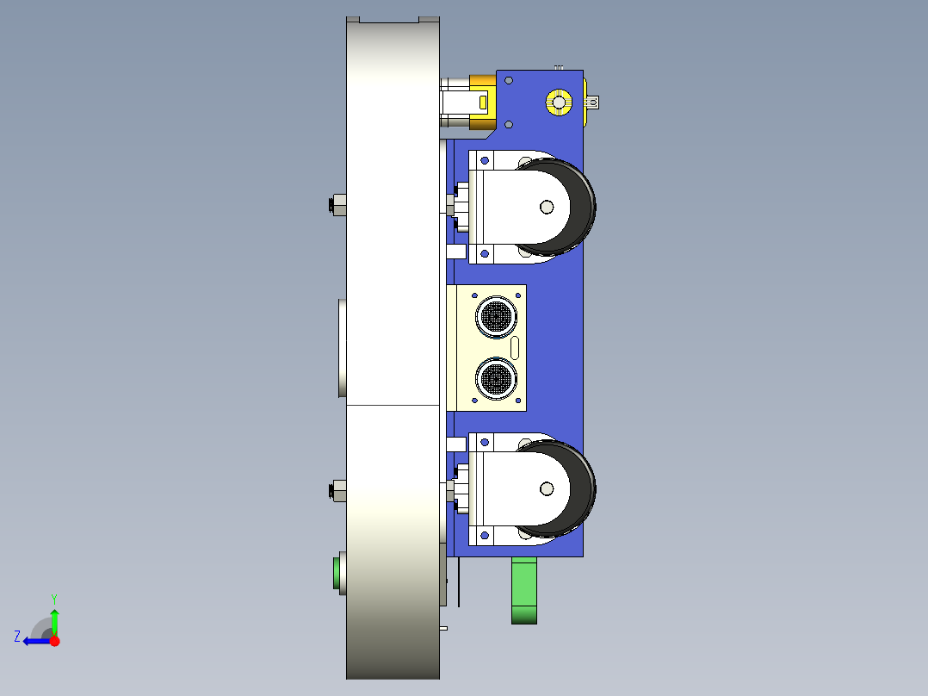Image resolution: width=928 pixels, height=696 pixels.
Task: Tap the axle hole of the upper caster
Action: pyautogui.click(x=546, y=207)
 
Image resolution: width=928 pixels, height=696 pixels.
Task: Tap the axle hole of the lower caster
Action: pyautogui.click(x=546, y=489)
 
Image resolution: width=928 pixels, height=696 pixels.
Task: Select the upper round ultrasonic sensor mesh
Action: pyautogui.click(x=496, y=316)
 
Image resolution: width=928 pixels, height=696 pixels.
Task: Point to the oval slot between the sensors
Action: pyautogui.click(x=515, y=348)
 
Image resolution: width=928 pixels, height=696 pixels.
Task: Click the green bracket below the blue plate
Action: pyautogui.click(x=524, y=589)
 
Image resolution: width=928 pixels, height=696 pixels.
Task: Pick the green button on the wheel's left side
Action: pyautogui.click(x=337, y=573)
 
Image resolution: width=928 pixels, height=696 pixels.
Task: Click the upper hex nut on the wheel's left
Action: pyautogui.click(x=337, y=205)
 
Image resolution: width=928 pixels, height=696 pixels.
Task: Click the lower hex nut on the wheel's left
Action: pyautogui.click(x=337, y=491)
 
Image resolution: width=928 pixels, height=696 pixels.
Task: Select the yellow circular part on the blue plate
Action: pyautogui.click(x=559, y=103)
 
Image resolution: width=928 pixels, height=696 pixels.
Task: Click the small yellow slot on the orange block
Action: pyautogui.click(x=482, y=103)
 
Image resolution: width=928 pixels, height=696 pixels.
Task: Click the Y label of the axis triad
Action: pyautogui.click(x=53, y=597)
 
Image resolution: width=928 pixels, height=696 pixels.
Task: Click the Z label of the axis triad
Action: pyautogui.click(x=17, y=637)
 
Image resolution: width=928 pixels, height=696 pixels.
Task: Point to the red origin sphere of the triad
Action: pyautogui.click(x=54, y=641)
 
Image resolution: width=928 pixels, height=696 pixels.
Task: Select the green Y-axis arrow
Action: pyautogui.click(x=54, y=620)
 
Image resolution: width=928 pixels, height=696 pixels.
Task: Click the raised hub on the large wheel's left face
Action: pyautogui.click(x=342, y=347)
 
